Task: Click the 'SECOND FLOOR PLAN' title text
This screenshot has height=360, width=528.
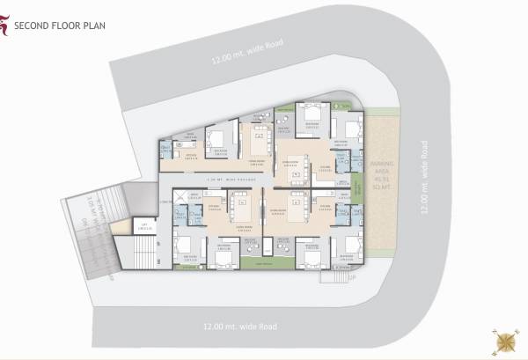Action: [x=60, y=26]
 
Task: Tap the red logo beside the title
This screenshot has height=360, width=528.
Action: [x=6, y=25]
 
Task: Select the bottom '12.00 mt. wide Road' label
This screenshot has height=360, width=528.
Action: [x=239, y=327]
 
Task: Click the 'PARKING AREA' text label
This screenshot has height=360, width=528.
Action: [x=382, y=175]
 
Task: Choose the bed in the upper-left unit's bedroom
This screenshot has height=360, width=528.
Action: [x=216, y=139]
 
